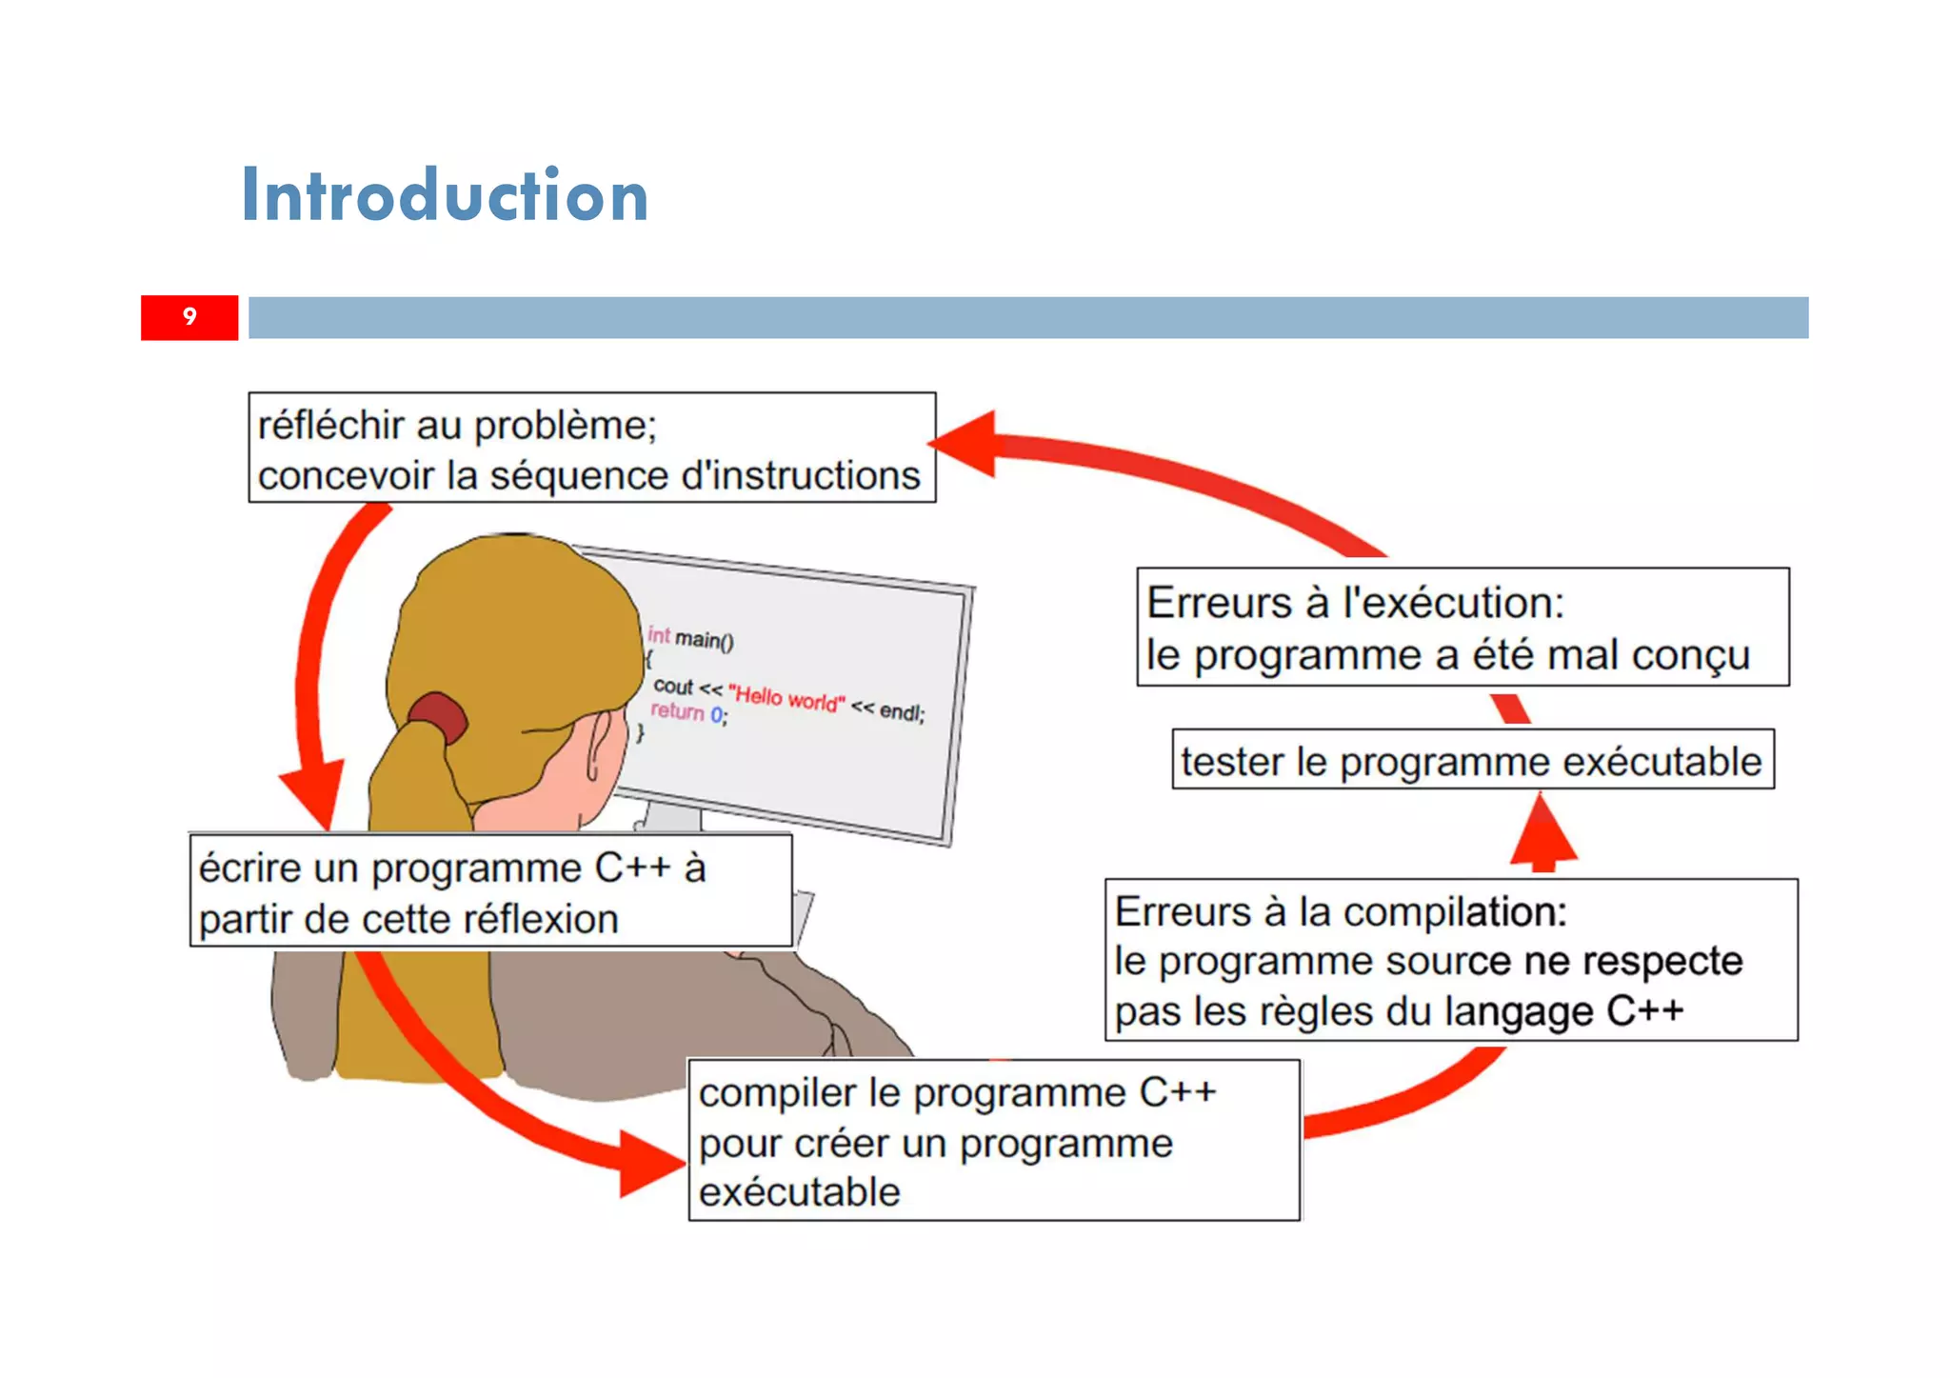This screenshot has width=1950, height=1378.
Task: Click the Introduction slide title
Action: (445, 196)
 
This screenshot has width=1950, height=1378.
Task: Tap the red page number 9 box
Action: (189, 317)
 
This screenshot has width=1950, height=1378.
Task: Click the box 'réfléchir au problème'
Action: (591, 448)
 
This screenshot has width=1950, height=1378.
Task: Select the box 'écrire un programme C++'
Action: (490, 891)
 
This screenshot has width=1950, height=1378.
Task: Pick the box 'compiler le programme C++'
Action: (993, 1140)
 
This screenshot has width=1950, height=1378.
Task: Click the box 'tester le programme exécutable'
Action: (1472, 760)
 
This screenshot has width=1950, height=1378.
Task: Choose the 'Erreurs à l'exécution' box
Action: (1462, 628)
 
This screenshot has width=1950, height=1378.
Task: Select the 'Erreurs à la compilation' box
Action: (1450, 960)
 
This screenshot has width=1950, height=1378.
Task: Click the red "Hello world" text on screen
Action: (786, 698)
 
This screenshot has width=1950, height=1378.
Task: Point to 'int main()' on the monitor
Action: (691, 638)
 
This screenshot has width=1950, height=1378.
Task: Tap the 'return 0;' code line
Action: (688, 712)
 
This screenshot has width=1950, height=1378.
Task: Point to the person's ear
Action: (600, 747)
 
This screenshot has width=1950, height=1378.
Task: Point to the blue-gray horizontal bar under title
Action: (1028, 317)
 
